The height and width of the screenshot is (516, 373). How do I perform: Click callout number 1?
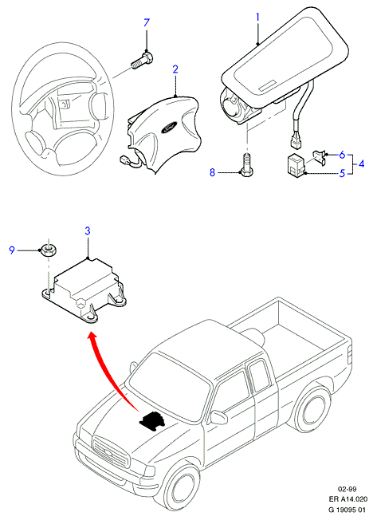[x=258, y=17]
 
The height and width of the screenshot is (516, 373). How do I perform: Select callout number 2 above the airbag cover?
[x=175, y=69]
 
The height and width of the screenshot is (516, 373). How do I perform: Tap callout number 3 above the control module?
[x=88, y=231]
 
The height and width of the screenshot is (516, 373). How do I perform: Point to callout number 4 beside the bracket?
[x=362, y=163]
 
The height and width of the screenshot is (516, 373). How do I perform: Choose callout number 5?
[x=342, y=173]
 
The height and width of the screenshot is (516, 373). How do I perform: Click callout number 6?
[x=342, y=155]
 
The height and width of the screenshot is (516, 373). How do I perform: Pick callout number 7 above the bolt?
[x=147, y=22]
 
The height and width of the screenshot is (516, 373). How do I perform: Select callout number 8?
[x=212, y=172]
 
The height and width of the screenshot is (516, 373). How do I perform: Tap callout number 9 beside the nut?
[x=12, y=250]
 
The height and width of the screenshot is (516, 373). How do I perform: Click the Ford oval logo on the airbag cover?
[x=169, y=127]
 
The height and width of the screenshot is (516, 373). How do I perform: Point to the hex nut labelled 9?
[x=49, y=250]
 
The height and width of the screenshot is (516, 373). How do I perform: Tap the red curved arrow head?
[x=92, y=337]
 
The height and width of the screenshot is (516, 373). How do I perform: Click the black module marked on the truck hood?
[x=152, y=420]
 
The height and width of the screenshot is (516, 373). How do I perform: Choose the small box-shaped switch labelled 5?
[x=296, y=164]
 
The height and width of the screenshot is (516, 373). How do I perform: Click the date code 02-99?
[x=347, y=489]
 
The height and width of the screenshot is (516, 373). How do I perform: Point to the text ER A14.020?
[x=347, y=499]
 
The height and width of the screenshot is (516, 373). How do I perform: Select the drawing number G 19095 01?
[x=347, y=509]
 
